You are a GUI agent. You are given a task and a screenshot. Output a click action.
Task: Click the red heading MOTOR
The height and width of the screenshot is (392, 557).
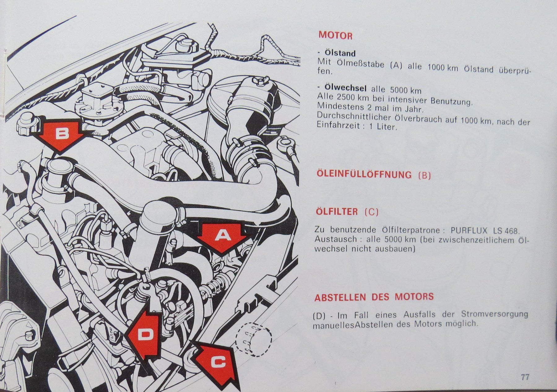336,35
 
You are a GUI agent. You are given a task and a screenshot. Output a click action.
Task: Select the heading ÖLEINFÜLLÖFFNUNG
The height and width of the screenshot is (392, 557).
364,174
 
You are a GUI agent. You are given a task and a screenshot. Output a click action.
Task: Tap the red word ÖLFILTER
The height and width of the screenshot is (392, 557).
337,211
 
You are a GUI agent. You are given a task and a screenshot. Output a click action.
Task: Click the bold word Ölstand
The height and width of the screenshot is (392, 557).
340,53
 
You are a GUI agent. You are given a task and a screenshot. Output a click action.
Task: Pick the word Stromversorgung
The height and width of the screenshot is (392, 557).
494,314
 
